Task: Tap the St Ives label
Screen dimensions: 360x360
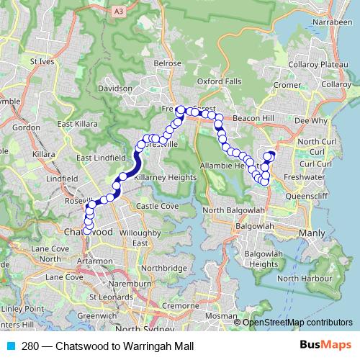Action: pos(42,62)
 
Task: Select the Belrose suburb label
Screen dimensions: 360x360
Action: pos(168,63)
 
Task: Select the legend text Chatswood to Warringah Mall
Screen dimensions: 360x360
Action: pos(124,346)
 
